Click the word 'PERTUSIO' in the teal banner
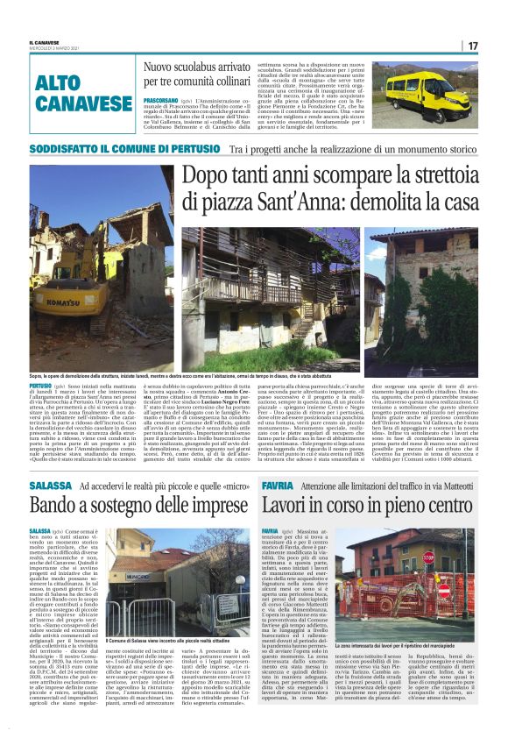(x=183, y=149)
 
